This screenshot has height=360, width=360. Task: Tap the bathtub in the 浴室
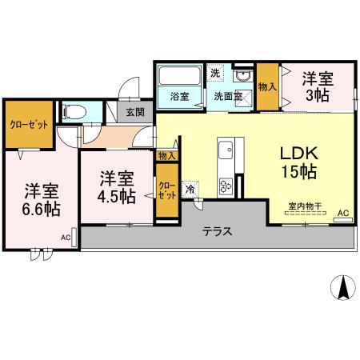click(179, 75)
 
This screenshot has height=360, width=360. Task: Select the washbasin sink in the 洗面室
click(242, 76)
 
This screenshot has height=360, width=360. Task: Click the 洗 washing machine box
click(215, 73)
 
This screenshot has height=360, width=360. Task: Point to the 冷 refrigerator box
click(190, 189)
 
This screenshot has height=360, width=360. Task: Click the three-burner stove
click(226, 186)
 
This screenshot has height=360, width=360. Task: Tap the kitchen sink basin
click(226, 150)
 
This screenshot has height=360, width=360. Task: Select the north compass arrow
click(343, 287)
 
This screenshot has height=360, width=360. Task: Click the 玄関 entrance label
click(135, 112)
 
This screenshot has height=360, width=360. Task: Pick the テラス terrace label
click(218, 231)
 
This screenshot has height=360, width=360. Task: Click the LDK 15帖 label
click(299, 162)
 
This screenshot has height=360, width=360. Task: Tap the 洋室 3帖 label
click(318, 87)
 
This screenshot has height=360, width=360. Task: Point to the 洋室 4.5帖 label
click(117, 187)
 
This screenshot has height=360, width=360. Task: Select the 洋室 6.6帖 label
click(42, 199)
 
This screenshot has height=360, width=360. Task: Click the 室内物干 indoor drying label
click(305, 206)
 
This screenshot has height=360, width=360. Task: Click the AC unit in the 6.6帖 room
click(74, 238)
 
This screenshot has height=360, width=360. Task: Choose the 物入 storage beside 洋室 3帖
click(267, 86)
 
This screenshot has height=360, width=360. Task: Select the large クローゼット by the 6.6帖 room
click(29, 124)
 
